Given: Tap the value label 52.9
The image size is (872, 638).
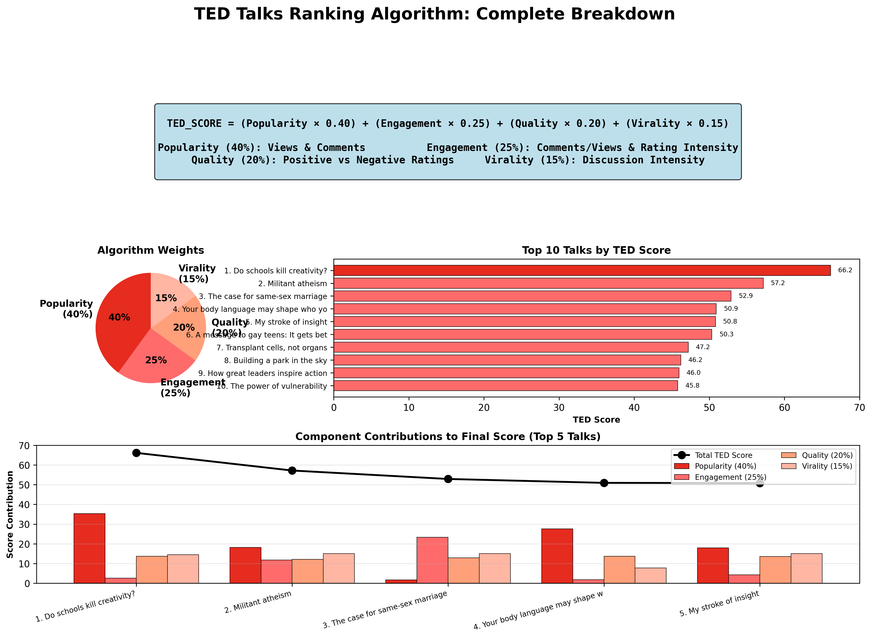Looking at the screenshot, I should (x=746, y=296).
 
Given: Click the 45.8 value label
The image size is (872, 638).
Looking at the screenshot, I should (x=692, y=385).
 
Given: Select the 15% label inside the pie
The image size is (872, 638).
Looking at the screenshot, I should (x=166, y=298).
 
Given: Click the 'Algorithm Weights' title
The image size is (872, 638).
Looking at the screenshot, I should (x=150, y=250).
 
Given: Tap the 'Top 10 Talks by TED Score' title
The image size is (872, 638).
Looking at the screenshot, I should (x=596, y=250).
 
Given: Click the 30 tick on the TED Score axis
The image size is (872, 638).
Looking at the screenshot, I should (x=559, y=408).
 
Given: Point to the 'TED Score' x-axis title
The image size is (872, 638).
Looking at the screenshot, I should (x=596, y=420).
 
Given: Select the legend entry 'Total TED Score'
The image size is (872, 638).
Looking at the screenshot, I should (x=723, y=455).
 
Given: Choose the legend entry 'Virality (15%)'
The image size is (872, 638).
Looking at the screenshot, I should (x=827, y=466).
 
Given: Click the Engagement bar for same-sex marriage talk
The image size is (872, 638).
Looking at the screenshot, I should (x=432, y=560).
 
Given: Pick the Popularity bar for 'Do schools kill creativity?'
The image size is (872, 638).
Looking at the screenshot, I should (x=89, y=548).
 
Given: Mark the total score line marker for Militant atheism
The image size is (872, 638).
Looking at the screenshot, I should (x=292, y=470).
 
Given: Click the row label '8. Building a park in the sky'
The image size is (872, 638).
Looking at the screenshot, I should (x=275, y=360).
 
